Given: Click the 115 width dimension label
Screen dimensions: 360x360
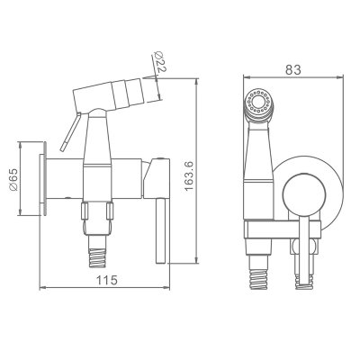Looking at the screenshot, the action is click(106, 280).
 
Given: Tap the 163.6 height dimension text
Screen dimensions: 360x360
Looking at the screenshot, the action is click(189, 175).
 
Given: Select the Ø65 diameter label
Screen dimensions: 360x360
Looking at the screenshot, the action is click(13, 179).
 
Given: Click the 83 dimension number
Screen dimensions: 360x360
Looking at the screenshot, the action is click(292, 70).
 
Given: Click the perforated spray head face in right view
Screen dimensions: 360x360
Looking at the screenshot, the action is click(258, 102).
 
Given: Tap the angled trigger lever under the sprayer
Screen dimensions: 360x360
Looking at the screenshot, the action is click(70, 131).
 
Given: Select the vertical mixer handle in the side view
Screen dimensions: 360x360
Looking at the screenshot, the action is click(162, 230).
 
